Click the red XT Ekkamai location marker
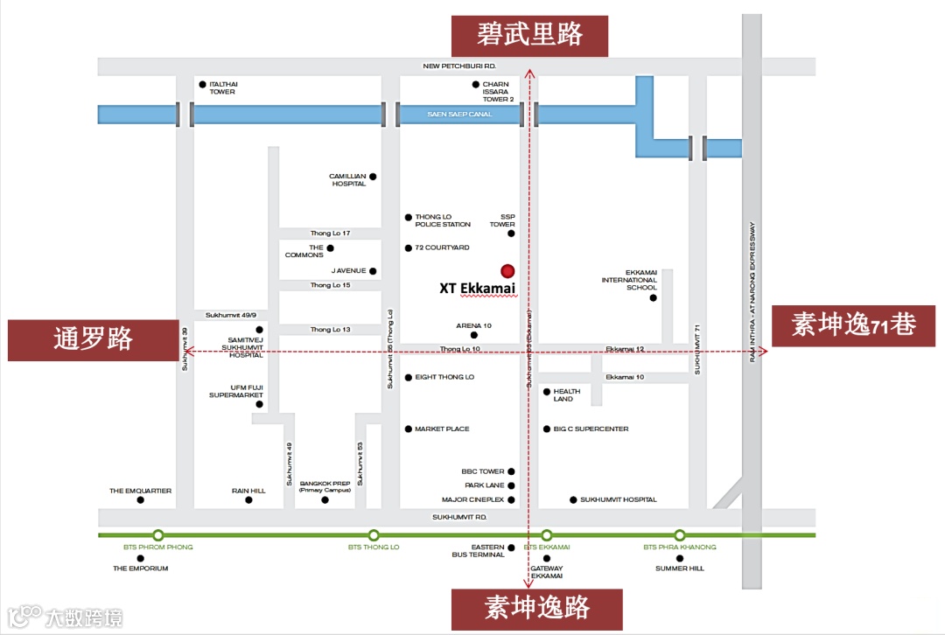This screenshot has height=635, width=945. click(507, 270)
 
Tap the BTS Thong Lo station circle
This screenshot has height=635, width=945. click(374, 535)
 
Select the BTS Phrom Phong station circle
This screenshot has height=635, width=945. click(158, 535)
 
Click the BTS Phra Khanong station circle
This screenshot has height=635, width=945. click(680, 535)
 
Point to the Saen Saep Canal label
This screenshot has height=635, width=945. click(459, 115)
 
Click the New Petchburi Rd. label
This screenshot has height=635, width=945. click(459, 66)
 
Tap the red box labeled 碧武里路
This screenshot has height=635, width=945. click(528, 35)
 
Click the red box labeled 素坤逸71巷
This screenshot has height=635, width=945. click(853, 326)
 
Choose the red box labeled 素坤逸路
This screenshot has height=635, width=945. click(536, 609)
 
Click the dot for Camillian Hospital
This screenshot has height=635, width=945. click(373, 177)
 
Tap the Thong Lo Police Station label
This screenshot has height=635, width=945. click(443, 220)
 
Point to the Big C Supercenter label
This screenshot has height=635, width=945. click(591, 429)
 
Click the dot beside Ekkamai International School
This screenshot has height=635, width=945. click(653, 298)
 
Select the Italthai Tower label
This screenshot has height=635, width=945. click(223, 87)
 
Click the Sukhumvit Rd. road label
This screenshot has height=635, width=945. click(458, 518)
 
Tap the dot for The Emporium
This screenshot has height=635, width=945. click(140, 557)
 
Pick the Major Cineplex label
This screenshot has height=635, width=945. click(472, 500)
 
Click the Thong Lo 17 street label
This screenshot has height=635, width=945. click(330, 234)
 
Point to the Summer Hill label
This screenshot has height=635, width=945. click(679, 569)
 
